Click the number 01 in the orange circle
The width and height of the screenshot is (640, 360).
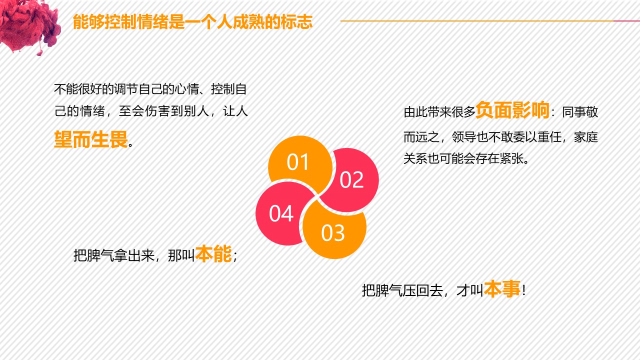point(298,162)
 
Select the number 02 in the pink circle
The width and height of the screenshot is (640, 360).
point(351,180)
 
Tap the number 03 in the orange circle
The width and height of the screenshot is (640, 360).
point(333,233)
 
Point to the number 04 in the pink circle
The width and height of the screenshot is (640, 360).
point(281,214)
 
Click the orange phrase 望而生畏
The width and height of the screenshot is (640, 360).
point(91,140)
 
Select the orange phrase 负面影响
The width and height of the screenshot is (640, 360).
point(512,110)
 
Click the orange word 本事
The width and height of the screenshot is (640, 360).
point(502,289)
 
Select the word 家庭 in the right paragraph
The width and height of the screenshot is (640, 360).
point(586,137)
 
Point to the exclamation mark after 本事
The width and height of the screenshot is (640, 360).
point(523,290)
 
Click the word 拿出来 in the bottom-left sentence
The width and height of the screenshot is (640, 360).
point(133,255)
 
